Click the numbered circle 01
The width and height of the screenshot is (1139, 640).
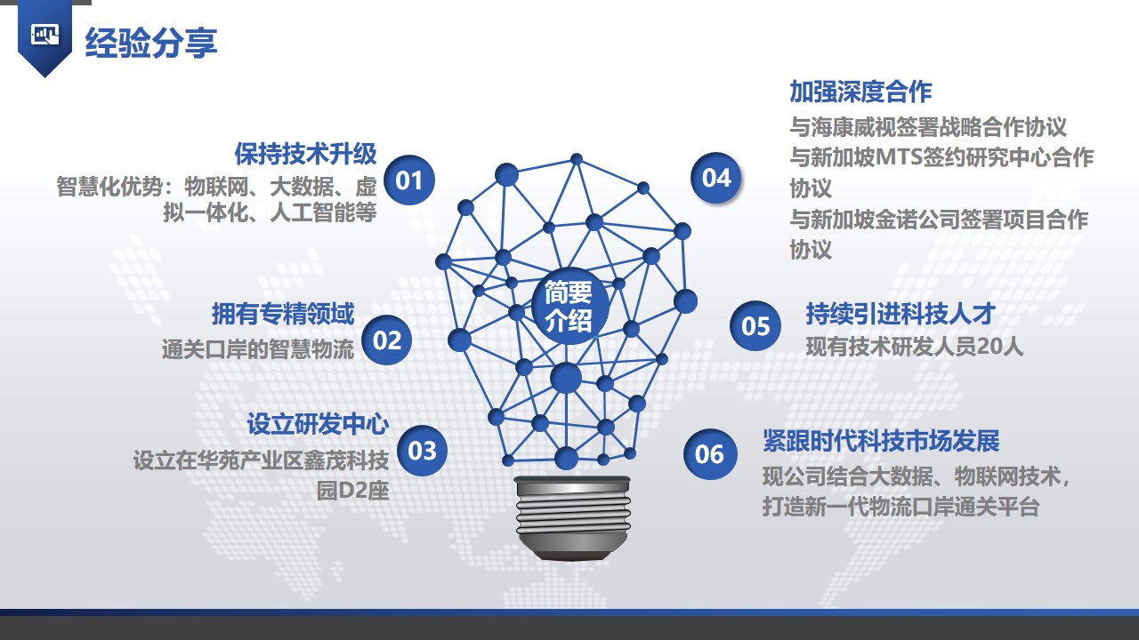[x=408, y=180]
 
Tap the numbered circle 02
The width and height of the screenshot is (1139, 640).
[x=387, y=340]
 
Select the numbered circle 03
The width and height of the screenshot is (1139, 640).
[x=422, y=451]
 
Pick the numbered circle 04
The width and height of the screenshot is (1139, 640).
[x=716, y=178]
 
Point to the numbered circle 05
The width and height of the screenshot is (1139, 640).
[x=755, y=325]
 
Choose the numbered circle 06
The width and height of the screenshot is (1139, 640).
[x=710, y=454]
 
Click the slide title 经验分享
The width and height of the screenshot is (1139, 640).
[x=151, y=43]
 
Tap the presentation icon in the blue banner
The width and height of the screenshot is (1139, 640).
[x=44, y=35]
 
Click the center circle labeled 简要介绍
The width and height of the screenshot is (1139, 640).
[x=569, y=307]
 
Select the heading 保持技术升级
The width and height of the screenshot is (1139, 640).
[x=305, y=154]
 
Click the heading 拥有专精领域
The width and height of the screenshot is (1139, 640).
[x=283, y=314]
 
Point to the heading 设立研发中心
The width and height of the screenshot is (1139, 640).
[x=318, y=424]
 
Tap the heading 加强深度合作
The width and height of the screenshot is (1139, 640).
[x=860, y=92]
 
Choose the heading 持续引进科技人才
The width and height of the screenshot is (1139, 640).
[x=901, y=314]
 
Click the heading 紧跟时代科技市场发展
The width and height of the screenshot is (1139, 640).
[x=881, y=440]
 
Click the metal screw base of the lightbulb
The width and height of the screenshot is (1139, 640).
[x=573, y=518]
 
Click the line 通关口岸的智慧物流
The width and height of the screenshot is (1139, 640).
[x=258, y=349]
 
